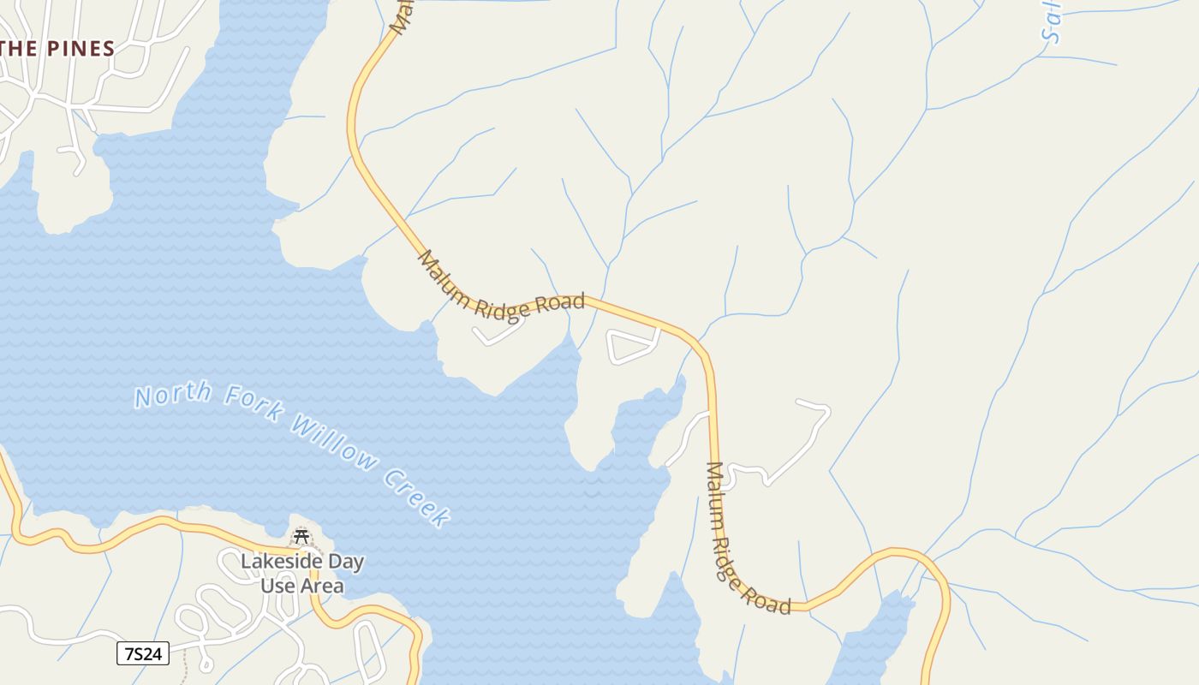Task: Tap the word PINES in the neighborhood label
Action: point(81,50)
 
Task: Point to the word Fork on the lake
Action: point(253,405)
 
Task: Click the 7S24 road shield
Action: point(142,654)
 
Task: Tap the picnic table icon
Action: point(301,537)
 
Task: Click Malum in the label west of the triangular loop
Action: point(444,279)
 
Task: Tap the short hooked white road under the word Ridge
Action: point(497,335)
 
